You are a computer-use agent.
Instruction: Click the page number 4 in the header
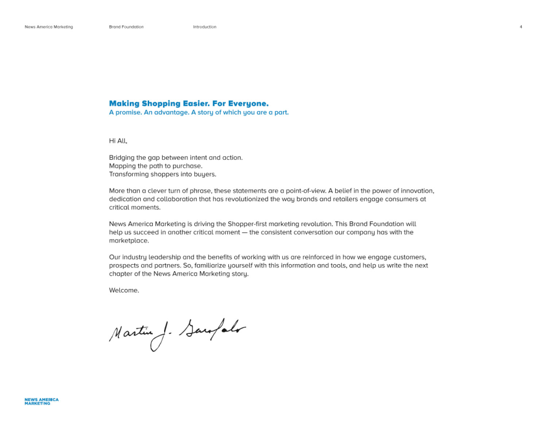coord(521,27)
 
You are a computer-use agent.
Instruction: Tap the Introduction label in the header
coord(205,27)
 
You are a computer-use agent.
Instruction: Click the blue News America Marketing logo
coord(42,401)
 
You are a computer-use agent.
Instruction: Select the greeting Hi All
coord(118,141)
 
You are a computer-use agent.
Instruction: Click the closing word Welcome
coord(124,291)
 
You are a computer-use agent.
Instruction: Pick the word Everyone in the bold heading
coord(248,104)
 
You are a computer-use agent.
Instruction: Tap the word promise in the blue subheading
coord(128,112)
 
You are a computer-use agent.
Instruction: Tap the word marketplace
coord(129,241)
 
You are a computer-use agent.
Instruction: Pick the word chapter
coord(120,274)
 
